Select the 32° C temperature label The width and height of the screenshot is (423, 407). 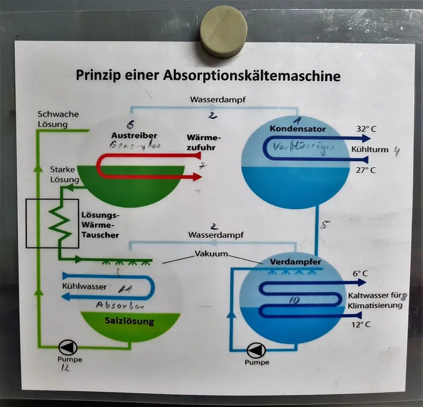point(366,129)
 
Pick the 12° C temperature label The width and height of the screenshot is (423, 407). point(361,325)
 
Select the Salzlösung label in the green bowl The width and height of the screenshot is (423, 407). point(129,321)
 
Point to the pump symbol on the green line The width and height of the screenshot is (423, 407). point(67,348)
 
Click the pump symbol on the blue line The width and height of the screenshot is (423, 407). point(256,350)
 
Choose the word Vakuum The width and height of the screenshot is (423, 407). point(211,254)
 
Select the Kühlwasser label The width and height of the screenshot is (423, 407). point(84,286)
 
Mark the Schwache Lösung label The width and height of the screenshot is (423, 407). point(58,119)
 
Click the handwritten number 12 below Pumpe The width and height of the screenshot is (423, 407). point(65,368)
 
